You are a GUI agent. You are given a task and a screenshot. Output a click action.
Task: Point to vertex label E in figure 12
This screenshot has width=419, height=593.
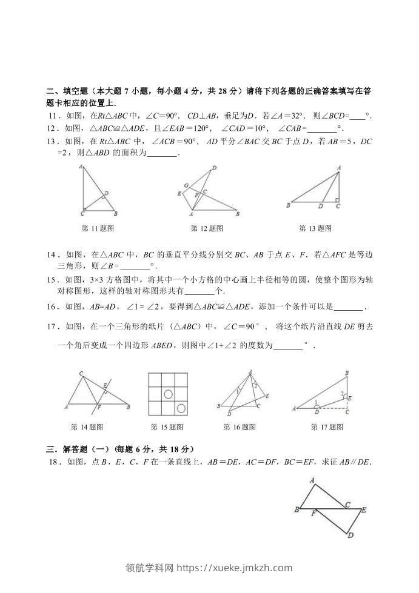179,194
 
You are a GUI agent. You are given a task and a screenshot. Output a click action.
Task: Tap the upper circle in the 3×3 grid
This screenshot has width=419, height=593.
167,394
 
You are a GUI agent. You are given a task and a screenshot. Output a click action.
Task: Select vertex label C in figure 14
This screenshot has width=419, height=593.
81,373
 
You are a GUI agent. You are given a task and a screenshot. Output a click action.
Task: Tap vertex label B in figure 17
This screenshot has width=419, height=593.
346,373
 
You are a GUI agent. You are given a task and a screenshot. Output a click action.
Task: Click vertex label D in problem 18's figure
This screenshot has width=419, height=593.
350,535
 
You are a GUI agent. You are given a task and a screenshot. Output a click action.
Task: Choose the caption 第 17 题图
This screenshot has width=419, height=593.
327,427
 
